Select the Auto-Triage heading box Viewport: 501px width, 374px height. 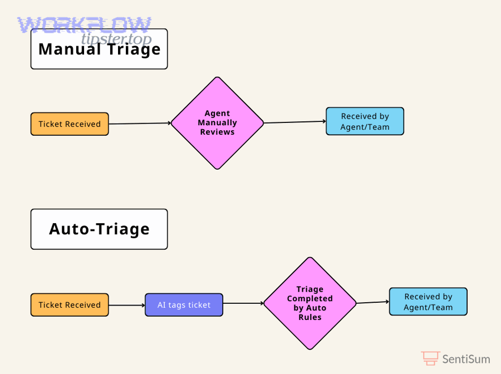coord(99,229)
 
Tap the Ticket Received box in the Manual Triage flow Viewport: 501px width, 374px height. coord(70,124)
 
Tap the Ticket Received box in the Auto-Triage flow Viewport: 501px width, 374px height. coord(70,305)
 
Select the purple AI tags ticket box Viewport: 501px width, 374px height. coord(184,305)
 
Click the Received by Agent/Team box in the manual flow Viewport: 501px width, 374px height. coord(365,121)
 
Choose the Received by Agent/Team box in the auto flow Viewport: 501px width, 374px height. coord(428,302)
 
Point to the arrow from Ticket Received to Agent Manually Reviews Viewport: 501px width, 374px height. coord(139,124)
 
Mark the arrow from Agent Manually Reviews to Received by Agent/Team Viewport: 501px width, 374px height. coord(294,122)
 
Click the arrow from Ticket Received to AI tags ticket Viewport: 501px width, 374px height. coord(126,305)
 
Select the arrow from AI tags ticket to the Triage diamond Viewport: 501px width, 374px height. coord(243,303)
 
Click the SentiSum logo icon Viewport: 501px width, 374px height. coord(430,358)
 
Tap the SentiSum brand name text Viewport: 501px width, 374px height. coord(466,359)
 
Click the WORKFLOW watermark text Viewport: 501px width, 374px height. coord(83,25)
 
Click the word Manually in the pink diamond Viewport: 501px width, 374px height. coord(217,123)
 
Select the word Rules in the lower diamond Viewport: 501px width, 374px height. coord(310,317)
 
